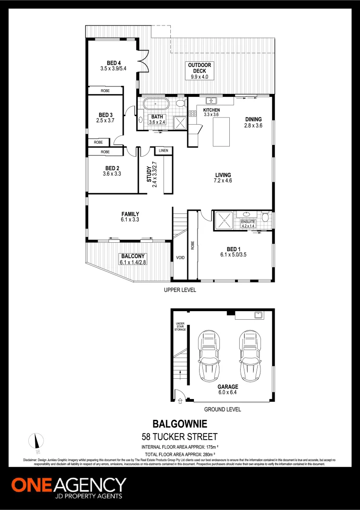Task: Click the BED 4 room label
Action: [x=114, y=63]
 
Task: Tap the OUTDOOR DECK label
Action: [x=200, y=68]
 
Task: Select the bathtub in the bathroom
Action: [x=156, y=103]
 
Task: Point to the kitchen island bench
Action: [x=221, y=132]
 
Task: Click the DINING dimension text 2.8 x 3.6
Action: [x=253, y=126]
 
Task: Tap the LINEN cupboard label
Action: [x=164, y=150]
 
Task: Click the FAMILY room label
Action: [x=130, y=214]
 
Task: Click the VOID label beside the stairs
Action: [x=180, y=258]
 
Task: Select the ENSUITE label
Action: [x=248, y=221]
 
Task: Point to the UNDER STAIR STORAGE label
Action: [x=180, y=326]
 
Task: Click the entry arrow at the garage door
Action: [x=180, y=401]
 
